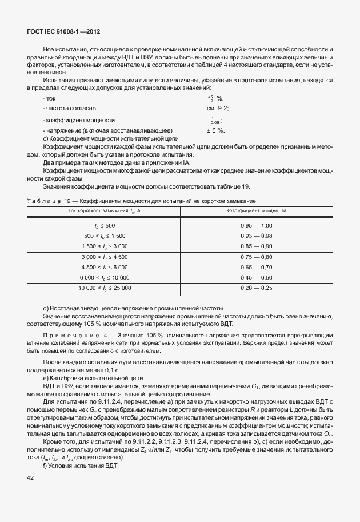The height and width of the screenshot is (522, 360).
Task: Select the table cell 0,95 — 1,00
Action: coord(257,225)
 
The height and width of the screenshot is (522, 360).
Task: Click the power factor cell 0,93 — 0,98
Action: coord(257,236)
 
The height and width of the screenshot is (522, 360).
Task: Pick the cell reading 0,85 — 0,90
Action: coord(257,246)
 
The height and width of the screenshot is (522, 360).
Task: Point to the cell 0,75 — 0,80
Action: coord(257,256)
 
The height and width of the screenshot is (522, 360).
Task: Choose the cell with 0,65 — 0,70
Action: coord(257,267)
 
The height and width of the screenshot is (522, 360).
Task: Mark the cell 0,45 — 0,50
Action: coord(257,277)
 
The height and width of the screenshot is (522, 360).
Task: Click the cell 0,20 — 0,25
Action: coord(257,288)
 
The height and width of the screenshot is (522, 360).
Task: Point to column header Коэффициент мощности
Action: coord(257,211)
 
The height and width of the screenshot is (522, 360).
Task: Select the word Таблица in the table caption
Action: coord(43,201)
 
